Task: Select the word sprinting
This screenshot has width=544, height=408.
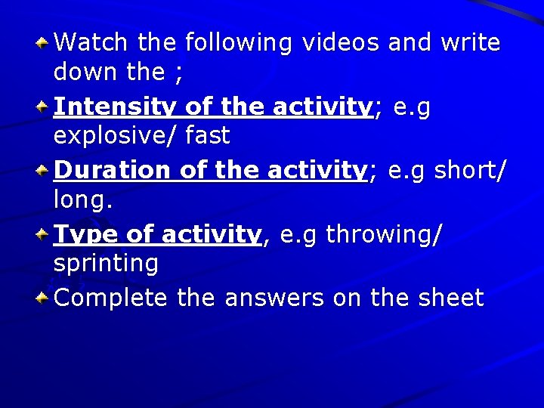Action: pyautogui.click(x=106, y=264)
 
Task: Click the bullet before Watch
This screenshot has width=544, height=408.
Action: pyautogui.click(x=44, y=39)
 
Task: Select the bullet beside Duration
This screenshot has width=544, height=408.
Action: pyautogui.click(x=44, y=167)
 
